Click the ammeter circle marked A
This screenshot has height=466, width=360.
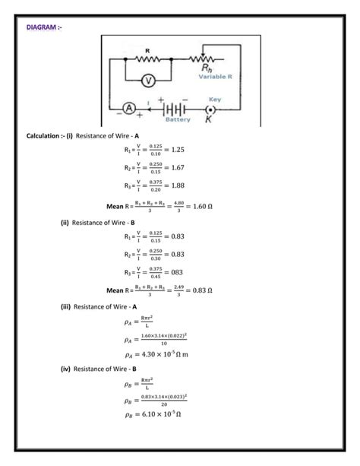click(129, 109)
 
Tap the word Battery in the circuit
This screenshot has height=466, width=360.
click(177, 119)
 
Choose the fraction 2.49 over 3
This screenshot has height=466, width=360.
click(176, 290)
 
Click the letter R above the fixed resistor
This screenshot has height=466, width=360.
click(147, 49)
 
